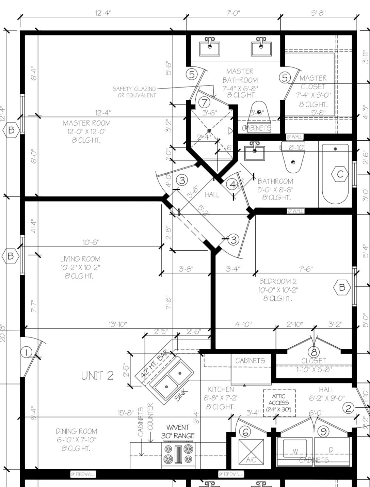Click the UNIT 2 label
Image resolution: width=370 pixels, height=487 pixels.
point(97,376)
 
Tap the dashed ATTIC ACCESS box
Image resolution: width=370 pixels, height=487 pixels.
point(279,403)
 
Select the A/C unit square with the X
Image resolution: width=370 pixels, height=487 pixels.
point(251,452)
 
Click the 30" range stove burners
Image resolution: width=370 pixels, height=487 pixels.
point(178,454)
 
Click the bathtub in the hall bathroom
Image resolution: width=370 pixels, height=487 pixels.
point(335,174)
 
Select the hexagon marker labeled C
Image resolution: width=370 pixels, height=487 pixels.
point(340,174)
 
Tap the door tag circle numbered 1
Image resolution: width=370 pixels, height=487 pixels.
point(26,352)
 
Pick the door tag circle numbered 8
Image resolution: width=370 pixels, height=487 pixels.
point(313,351)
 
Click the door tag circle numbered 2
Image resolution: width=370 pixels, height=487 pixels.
point(348,408)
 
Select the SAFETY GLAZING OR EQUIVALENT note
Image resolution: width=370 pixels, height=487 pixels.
point(134,92)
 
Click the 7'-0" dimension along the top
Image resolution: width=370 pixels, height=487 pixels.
point(233,13)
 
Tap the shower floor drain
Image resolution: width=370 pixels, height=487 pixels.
point(209,130)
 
